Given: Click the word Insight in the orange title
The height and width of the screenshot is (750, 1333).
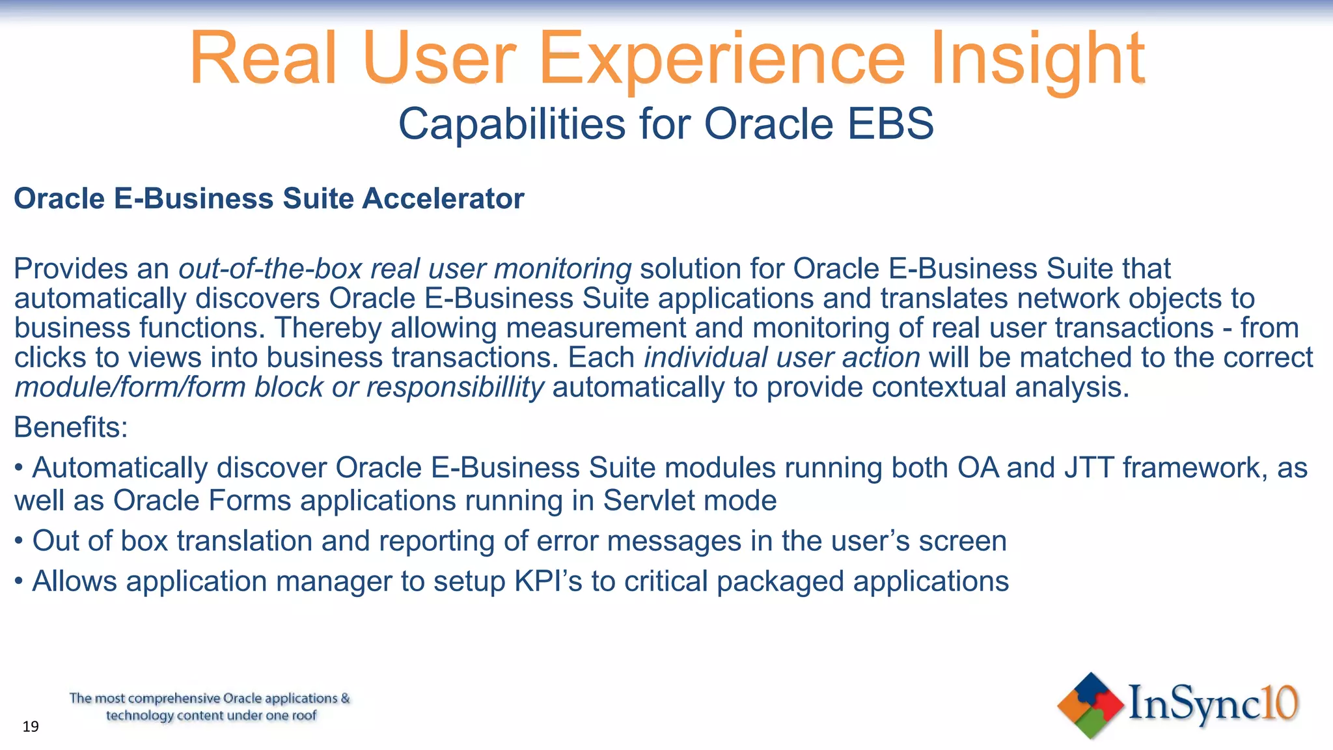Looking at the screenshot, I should [x=1038, y=60].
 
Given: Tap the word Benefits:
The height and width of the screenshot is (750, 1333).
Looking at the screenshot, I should [x=71, y=428].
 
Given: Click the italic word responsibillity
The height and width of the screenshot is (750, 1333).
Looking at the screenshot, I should [x=455, y=387].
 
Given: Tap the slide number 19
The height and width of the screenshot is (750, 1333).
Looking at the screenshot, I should [x=31, y=727].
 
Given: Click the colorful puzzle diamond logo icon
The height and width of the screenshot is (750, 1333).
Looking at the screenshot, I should [x=1090, y=705].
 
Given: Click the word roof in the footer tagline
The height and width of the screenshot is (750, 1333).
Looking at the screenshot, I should [x=303, y=715].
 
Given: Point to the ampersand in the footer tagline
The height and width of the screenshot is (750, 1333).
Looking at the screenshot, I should [x=345, y=699].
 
